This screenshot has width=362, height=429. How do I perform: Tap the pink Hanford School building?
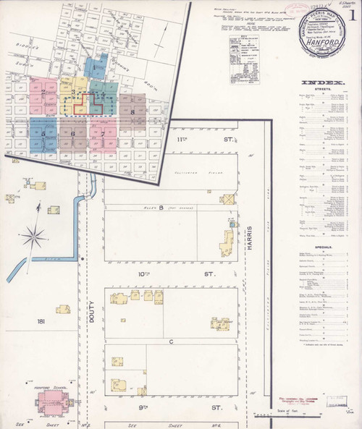[x=51, y=401]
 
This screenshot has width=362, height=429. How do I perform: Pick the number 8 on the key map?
[x=133, y=111]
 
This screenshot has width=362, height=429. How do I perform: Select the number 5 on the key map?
[x=43, y=133]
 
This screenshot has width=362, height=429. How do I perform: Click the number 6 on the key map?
[x=73, y=134]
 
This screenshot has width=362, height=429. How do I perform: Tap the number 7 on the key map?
[x=103, y=134]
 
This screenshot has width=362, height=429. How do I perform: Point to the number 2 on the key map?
[x=43, y=93]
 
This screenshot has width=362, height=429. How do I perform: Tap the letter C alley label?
[x=172, y=339]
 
